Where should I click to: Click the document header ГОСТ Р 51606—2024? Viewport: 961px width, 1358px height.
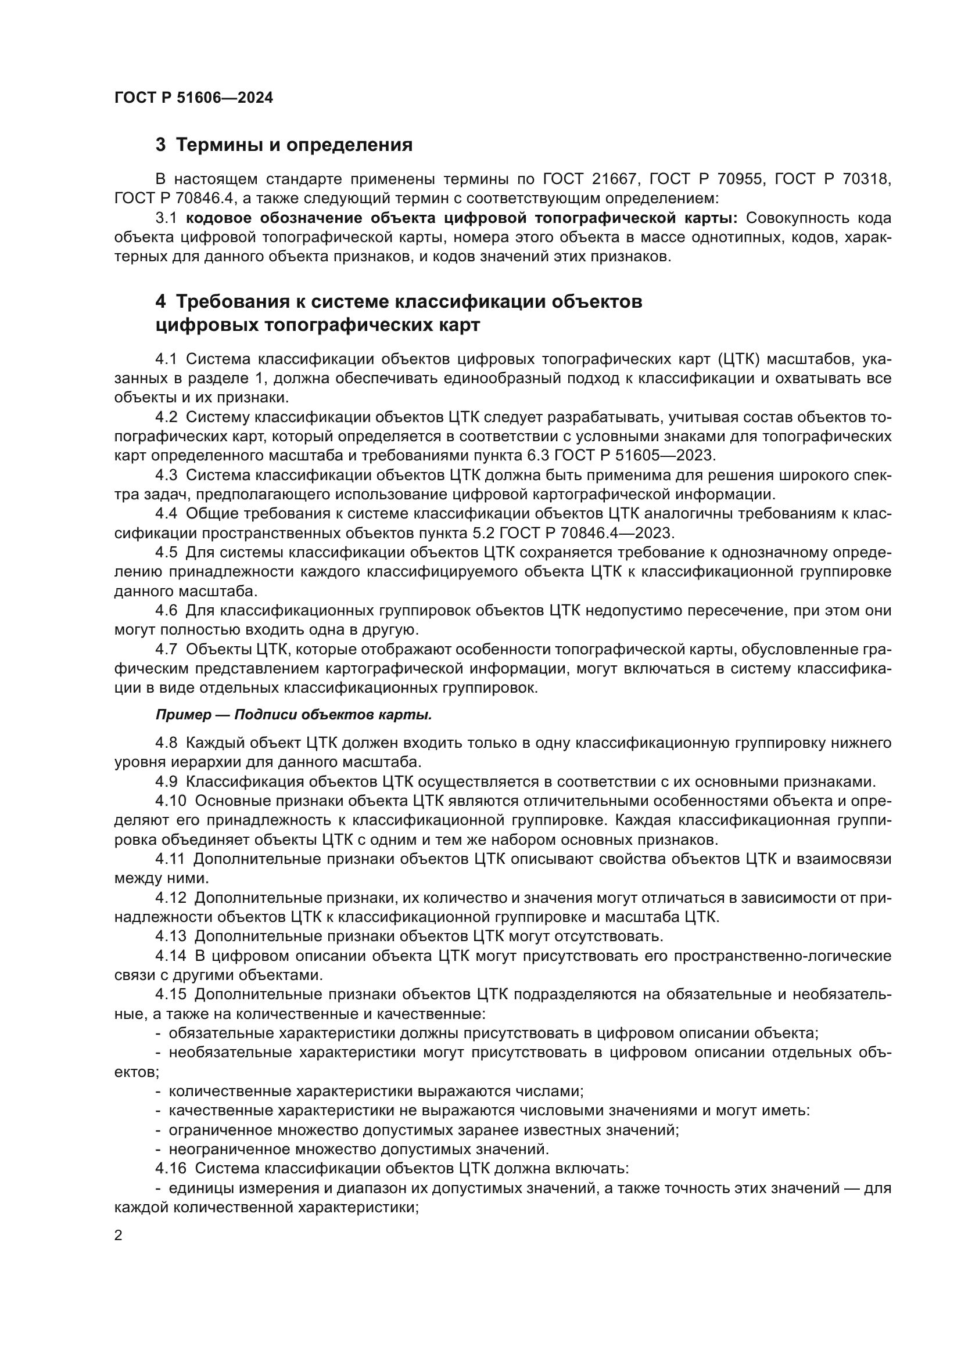[x=193, y=98]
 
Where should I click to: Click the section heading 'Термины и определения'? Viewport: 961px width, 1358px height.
[x=294, y=145]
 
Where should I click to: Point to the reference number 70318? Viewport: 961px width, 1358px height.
[x=865, y=179]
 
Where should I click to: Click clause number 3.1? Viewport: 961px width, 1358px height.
[x=166, y=218]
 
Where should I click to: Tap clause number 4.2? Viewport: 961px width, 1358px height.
[x=166, y=417]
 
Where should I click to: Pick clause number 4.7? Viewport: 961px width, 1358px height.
[x=166, y=650]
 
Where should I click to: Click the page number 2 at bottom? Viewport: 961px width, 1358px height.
[x=119, y=1235]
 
